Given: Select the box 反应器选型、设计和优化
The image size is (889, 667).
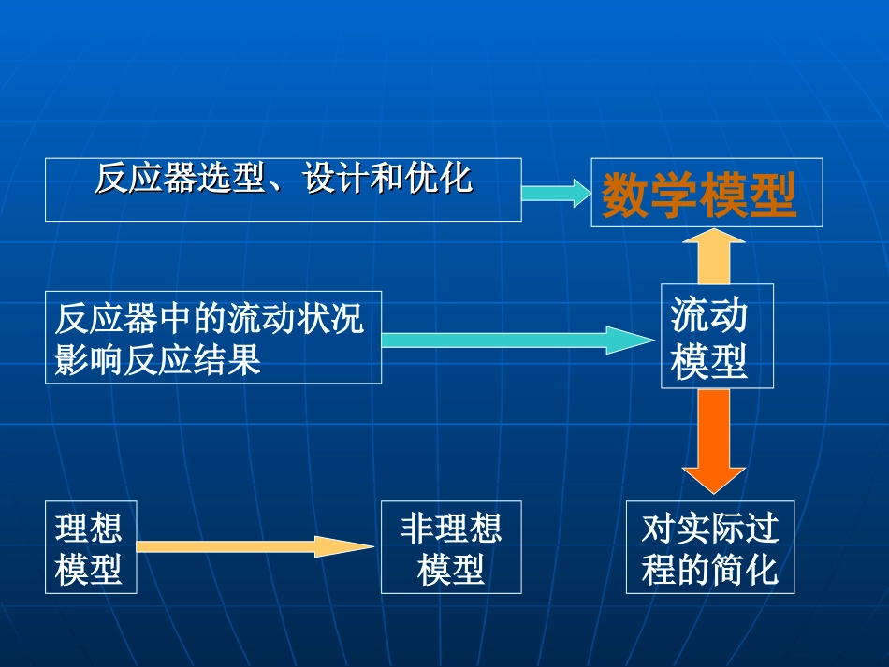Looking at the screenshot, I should [x=283, y=190].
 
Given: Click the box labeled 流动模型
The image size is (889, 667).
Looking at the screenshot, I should [x=717, y=336].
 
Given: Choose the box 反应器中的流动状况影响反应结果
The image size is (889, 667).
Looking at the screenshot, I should [x=212, y=337].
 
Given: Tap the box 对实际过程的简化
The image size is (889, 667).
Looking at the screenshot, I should [x=709, y=547].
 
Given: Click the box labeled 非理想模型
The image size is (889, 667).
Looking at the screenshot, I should [x=450, y=547].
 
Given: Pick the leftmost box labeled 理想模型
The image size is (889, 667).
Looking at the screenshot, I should [x=90, y=547].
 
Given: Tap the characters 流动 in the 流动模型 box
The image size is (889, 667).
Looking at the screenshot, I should [x=709, y=316].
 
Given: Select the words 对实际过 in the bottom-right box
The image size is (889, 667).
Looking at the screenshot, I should [x=709, y=529].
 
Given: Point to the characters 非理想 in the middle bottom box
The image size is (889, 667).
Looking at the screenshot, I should [x=450, y=529].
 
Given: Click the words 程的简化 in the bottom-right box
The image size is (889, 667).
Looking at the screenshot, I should [x=709, y=569].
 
